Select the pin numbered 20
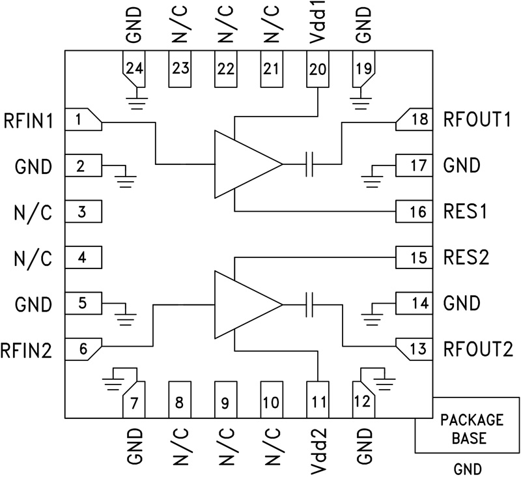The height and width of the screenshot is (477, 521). coord(317,69)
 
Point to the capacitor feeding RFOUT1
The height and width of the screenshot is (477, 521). coord(310,164)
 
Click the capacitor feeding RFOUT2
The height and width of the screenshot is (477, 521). coord(310,304)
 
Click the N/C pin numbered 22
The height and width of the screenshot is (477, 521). coord(225,69)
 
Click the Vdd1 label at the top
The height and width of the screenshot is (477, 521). coord(317,25)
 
